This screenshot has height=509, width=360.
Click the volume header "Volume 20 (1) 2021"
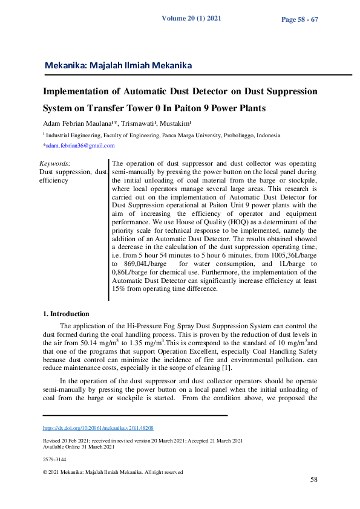(x=191, y=18)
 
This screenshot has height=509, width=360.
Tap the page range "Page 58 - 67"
(x=299, y=20)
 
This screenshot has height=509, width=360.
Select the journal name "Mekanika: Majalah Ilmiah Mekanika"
(x=118, y=65)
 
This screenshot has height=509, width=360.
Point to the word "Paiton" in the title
(x=197, y=109)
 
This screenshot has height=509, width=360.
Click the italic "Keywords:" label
(x=54, y=164)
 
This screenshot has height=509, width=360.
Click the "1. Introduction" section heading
(x=66, y=314)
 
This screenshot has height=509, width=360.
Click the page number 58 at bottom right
(x=314, y=480)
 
